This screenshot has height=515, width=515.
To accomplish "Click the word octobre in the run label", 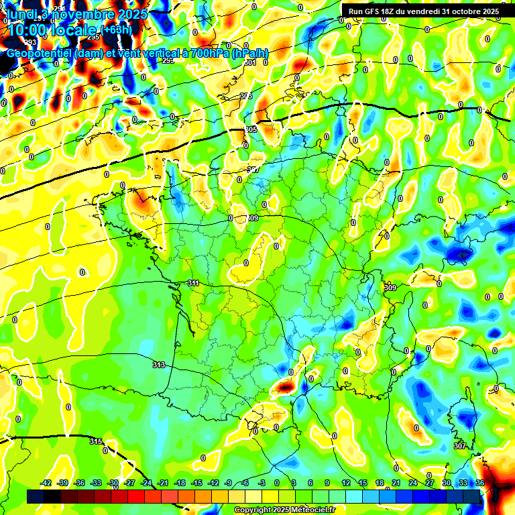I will click(x=467, y=11).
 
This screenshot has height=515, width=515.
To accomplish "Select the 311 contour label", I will click(x=193, y=283).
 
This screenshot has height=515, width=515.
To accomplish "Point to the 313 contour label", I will click(x=158, y=365).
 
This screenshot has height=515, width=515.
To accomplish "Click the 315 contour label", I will click(x=96, y=441).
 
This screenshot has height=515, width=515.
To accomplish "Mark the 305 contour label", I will click(x=251, y=129).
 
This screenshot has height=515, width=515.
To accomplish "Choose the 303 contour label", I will click(x=246, y=96).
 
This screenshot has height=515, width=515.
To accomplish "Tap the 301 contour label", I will click(x=250, y=62).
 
